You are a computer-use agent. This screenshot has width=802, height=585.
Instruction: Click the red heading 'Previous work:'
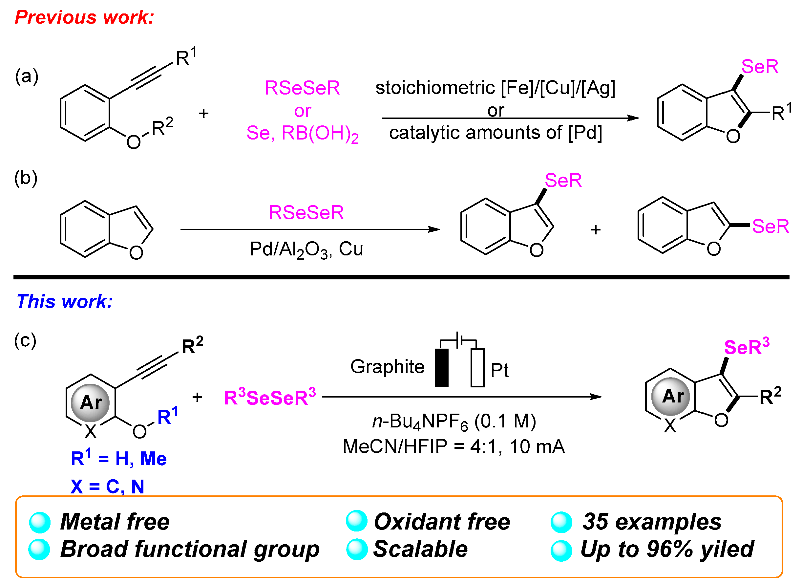(84, 17)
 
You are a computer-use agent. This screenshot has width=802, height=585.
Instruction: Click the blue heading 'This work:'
(64, 302)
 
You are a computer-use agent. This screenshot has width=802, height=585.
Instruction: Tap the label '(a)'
(27, 76)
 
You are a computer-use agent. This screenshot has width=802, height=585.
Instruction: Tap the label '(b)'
(26, 178)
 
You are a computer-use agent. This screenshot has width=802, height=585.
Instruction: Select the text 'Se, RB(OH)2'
(302, 134)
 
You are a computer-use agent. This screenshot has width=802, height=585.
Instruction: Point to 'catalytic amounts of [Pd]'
(495, 133)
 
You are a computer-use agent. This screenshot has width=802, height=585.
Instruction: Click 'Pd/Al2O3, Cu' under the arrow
(306, 249)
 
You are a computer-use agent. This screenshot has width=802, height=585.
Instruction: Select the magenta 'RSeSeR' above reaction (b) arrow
(306, 212)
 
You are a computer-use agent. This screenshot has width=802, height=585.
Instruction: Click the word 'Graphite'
(387, 366)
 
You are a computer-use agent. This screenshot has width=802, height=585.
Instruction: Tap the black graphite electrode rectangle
(441, 368)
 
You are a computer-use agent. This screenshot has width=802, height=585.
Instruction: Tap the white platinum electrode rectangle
(477, 368)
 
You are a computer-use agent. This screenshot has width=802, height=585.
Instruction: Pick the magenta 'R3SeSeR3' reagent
(270, 397)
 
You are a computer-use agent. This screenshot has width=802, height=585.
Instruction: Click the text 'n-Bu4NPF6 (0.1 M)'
(454, 422)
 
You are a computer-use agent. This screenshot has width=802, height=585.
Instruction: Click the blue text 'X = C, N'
(107, 487)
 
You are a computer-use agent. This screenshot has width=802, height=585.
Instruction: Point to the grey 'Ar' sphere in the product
(671, 396)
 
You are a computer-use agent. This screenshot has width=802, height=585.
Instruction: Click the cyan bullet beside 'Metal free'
(40, 522)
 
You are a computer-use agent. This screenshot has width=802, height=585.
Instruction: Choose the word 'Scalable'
(420, 549)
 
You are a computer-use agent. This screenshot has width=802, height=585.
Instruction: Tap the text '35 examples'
(652, 522)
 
